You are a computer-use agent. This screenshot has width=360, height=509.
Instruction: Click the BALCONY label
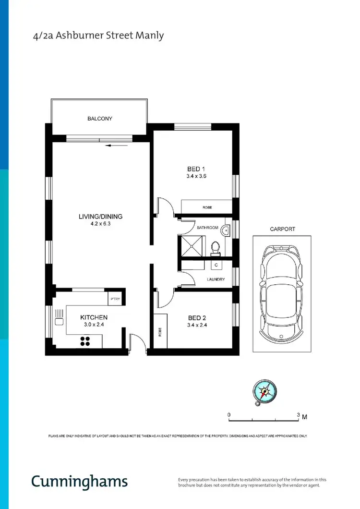tap(100, 119)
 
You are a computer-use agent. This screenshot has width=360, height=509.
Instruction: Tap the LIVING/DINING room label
tap(100, 217)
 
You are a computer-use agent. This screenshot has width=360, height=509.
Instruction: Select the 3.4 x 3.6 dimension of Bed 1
tap(196, 176)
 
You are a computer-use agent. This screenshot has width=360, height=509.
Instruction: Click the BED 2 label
tap(196, 318)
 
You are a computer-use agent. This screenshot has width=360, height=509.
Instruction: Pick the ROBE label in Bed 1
tap(207, 207)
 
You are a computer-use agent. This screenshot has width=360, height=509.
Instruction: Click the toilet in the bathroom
tap(216, 247)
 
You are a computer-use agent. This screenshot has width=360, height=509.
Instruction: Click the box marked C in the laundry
tap(216, 265)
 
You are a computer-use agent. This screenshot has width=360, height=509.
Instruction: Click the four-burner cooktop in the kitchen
tap(85, 341)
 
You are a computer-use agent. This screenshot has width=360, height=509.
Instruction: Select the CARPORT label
tap(282, 230)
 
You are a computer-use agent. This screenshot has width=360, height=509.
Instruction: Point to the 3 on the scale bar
tap(298, 415)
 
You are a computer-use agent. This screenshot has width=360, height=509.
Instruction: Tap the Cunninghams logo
tap(80, 481)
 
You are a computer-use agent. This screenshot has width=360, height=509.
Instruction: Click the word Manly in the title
tap(152, 35)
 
